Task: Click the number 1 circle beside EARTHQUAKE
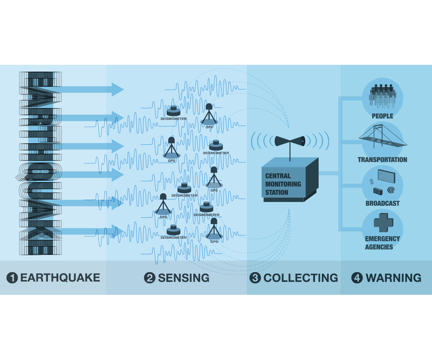(12, 278)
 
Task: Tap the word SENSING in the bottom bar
(184, 278)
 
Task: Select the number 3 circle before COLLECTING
(255, 278)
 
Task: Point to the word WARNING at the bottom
(393, 278)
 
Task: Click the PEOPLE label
(382, 116)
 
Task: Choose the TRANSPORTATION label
(382, 159)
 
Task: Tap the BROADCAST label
(382, 203)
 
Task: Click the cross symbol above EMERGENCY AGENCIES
(383, 223)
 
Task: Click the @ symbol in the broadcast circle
(391, 189)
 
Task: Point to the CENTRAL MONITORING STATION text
(283, 184)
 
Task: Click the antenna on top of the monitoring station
(290, 141)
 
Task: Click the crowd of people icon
(382, 95)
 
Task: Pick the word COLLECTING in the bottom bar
(301, 278)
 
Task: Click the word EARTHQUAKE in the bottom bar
(60, 278)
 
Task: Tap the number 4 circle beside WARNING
(357, 278)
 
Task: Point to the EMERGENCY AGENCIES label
(382, 243)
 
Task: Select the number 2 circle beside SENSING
(149, 278)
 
